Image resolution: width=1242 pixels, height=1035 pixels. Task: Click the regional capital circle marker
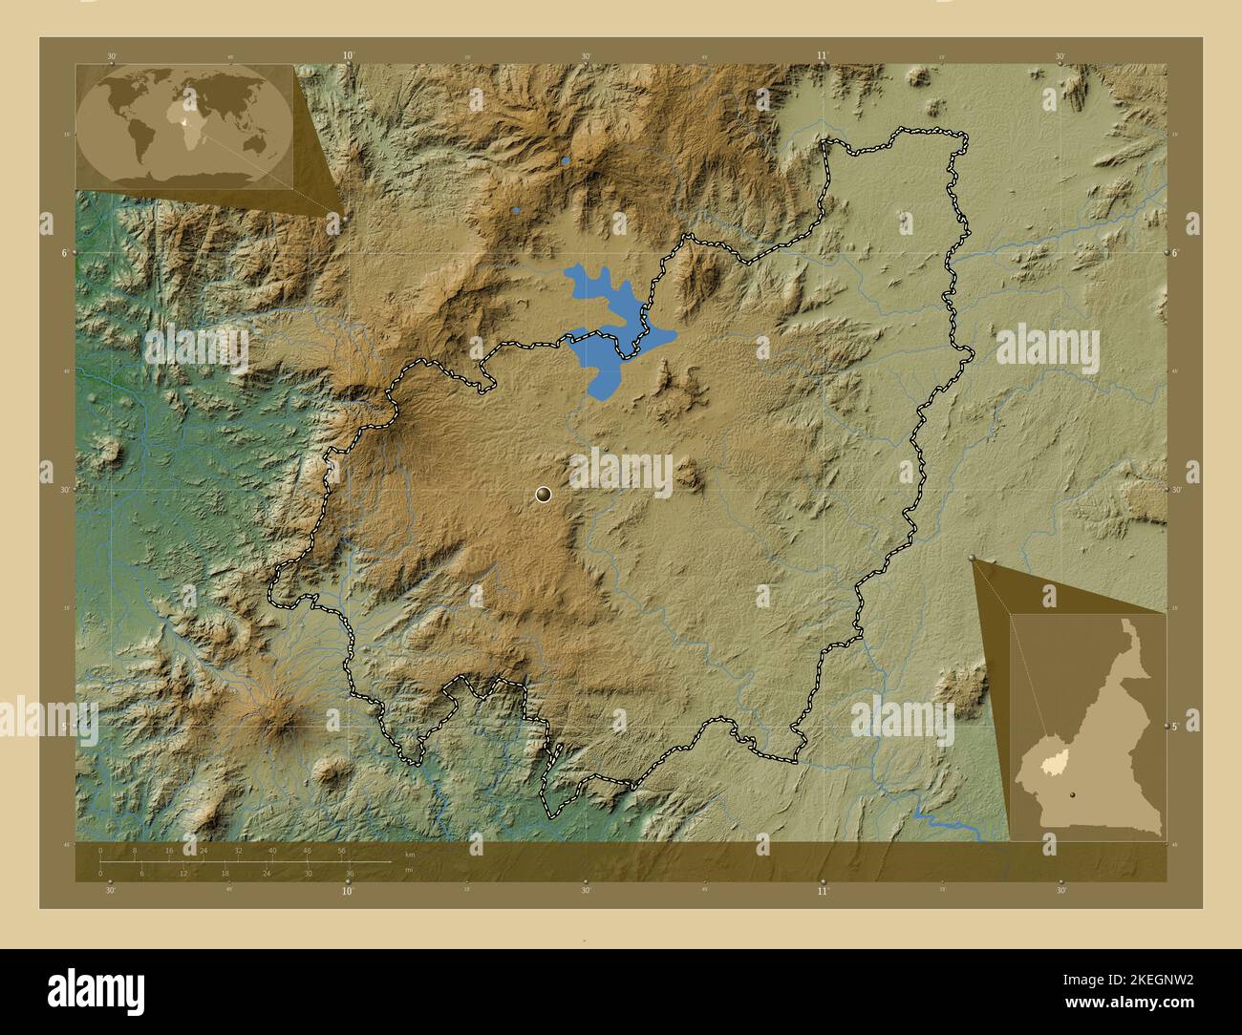click(x=544, y=494)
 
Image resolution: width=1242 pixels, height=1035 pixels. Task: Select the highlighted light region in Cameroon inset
click(x=1054, y=763)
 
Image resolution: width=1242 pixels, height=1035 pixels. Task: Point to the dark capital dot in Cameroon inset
click(x=1073, y=793)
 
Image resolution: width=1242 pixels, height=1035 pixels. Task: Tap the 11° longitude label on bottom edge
click(x=823, y=890)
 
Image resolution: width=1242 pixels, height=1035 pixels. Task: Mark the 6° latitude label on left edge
click(x=64, y=253)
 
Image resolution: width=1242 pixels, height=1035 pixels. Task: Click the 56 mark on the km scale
click(x=341, y=850)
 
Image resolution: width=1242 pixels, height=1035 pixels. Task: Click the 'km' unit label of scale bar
click(x=410, y=854)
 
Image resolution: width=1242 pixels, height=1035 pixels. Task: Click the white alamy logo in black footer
click(x=96, y=988)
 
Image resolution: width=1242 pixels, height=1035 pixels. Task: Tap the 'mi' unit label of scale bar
click(x=408, y=870)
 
